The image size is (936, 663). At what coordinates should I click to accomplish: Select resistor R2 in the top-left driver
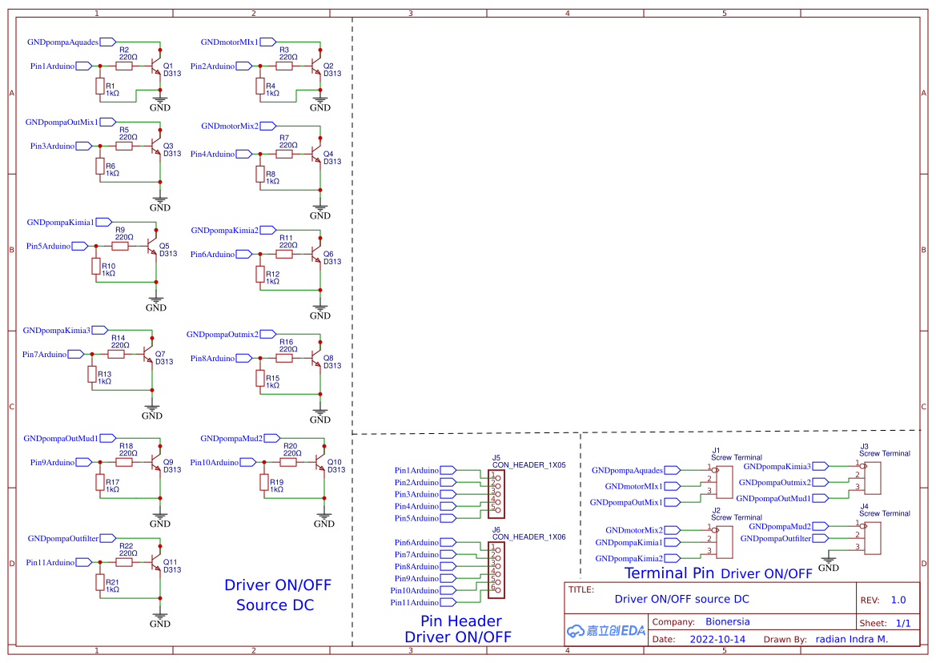point(124,66)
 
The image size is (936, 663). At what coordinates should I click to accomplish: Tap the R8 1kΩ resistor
point(260,174)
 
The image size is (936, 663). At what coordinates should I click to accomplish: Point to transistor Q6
point(317,255)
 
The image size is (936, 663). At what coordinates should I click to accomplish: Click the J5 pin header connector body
point(496,495)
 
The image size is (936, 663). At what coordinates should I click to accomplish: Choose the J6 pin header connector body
point(496,570)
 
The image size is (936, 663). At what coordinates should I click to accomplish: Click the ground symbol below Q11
point(160,619)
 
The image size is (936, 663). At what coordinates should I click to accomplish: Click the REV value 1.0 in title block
point(898,600)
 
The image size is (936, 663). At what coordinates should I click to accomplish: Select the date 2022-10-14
point(717,640)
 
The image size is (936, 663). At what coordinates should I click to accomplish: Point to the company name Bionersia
point(728,621)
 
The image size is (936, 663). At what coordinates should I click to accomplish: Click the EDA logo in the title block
point(606,631)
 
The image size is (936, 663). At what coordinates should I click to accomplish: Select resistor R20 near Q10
point(289,463)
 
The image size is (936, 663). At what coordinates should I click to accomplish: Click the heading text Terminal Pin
point(669,573)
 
